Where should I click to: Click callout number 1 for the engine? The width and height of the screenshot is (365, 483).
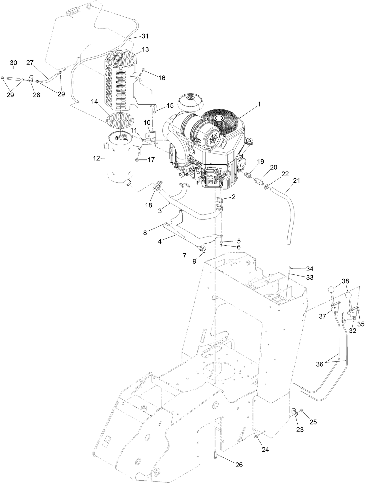click(259, 104)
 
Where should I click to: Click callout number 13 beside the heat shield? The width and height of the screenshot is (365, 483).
click(145, 49)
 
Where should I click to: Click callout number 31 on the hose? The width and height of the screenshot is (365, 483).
click(145, 36)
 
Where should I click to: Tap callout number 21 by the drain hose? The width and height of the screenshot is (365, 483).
click(296, 180)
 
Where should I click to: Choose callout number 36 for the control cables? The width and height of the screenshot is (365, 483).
click(319, 364)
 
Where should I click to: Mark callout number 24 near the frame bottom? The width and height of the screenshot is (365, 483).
click(265, 449)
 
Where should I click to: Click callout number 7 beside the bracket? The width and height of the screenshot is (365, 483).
click(184, 256)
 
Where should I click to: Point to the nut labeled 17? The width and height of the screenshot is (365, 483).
click(137, 160)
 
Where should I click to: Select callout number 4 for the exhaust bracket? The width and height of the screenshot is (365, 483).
click(160, 241)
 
